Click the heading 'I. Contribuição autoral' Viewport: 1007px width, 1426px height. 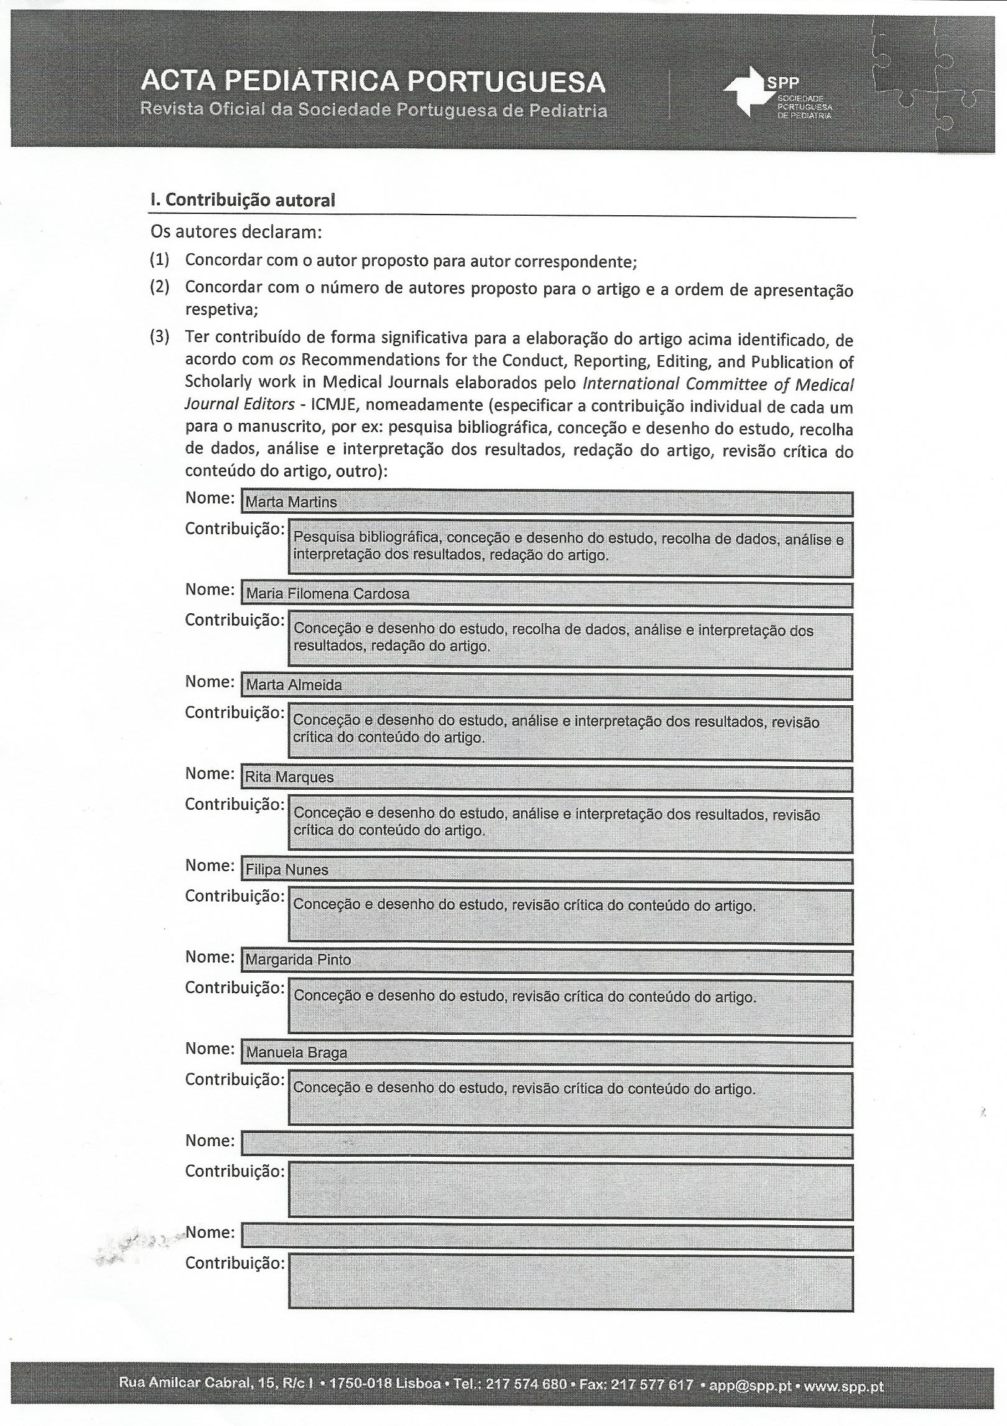(243, 200)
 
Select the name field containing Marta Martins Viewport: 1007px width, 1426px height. (546, 502)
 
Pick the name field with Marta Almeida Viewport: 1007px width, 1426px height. (546, 686)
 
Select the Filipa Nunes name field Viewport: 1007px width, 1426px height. (546, 870)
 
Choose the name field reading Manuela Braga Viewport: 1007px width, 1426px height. (546, 1053)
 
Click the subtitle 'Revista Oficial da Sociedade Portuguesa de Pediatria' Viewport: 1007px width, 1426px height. (374, 111)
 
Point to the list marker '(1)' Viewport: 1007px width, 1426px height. (159, 260)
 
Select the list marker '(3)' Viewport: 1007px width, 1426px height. (159, 337)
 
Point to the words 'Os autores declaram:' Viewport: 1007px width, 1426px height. (236, 232)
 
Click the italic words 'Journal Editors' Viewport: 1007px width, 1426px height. (239, 404)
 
